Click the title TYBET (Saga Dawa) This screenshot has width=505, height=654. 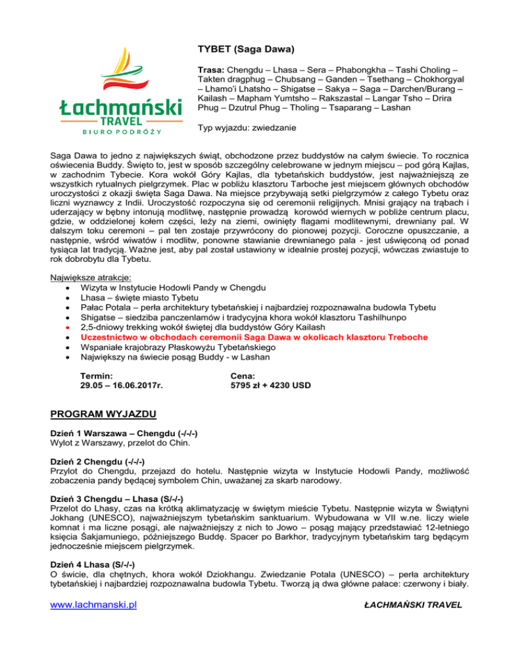click(245, 49)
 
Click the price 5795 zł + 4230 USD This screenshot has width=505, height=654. click(270, 386)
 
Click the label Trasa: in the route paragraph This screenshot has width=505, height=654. click(212, 69)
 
